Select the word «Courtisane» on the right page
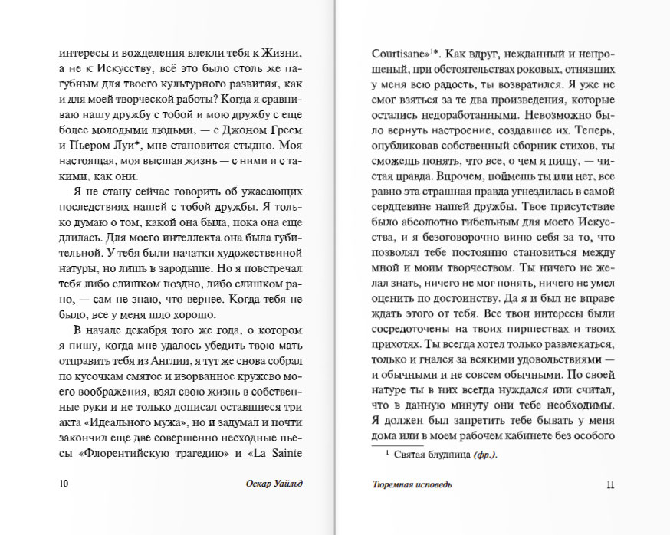(394, 54)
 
